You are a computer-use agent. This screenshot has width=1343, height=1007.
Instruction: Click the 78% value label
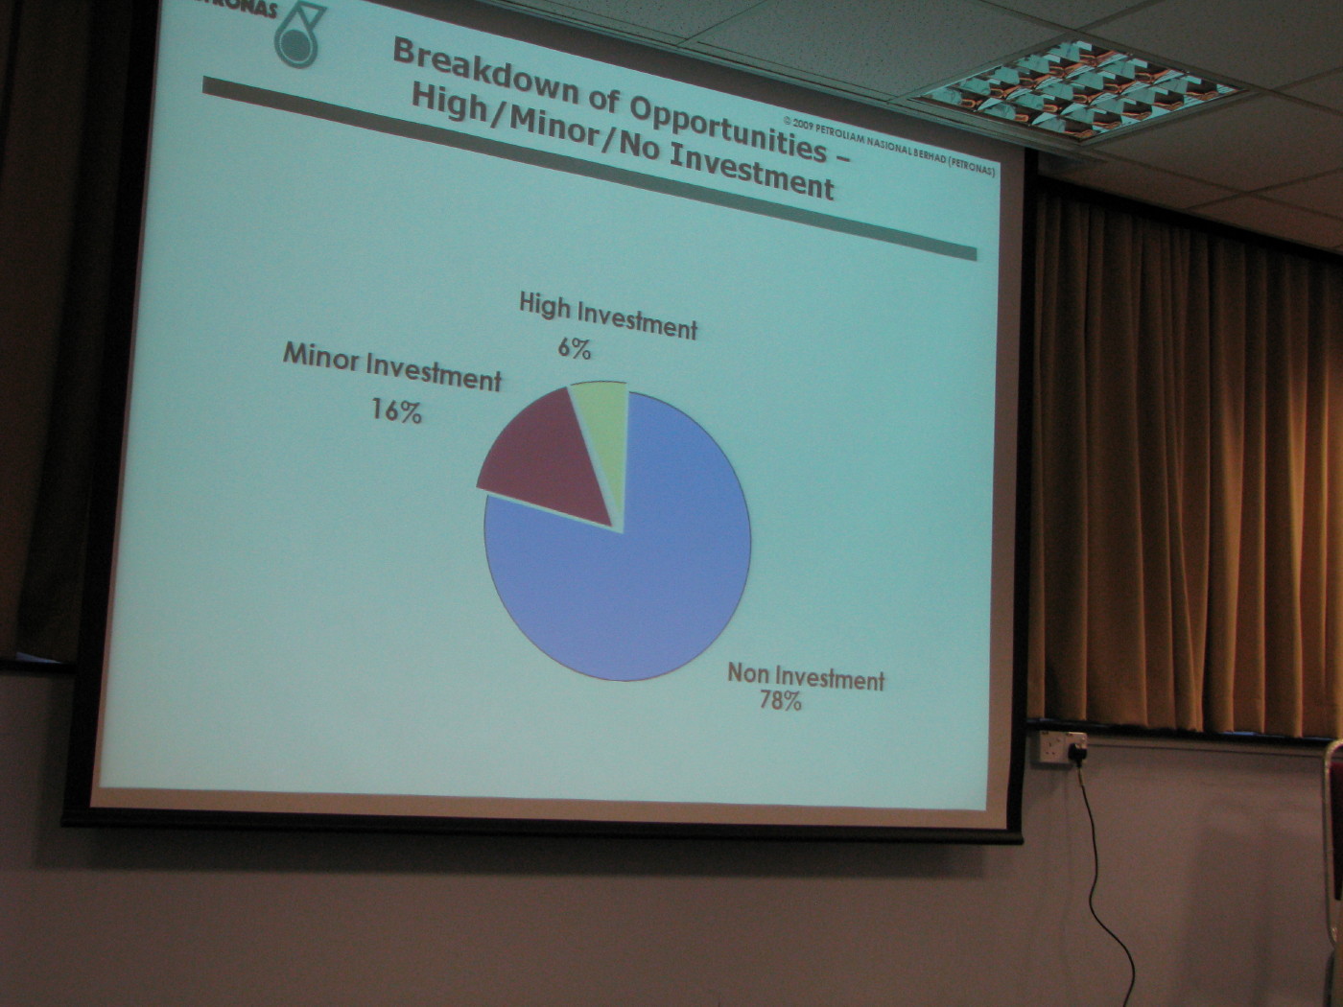click(780, 701)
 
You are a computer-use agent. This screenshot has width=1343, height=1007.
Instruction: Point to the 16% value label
click(396, 410)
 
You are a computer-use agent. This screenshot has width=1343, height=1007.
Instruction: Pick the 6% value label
click(574, 348)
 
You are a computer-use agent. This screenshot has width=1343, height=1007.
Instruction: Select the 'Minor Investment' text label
click(391, 367)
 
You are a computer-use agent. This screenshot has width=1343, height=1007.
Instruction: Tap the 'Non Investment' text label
click(806, 677)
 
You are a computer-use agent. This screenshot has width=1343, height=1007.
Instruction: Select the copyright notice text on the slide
click(888, 146)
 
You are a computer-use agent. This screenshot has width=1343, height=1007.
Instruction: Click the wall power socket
click(1064, 747)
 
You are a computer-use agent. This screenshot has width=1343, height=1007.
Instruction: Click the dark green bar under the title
click(589, 168)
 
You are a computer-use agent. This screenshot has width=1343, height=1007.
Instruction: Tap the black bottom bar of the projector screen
click(541, 828)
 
